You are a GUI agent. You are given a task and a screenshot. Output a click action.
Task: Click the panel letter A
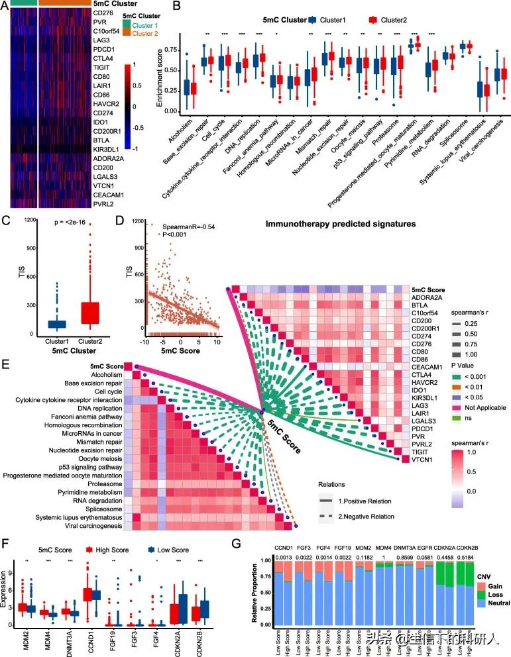(5, 6)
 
